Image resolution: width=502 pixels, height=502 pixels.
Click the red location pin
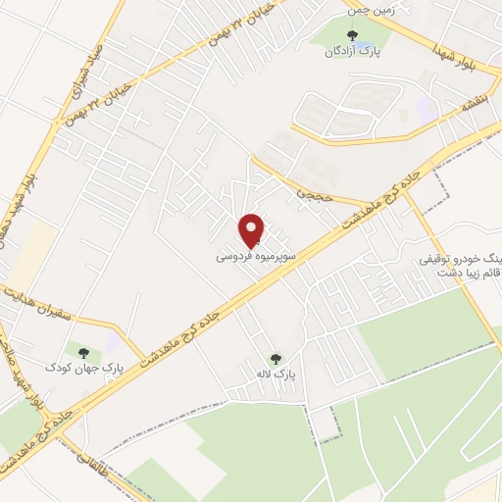(x=252, y=229)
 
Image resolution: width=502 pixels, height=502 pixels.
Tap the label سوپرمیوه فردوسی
(x=254, y=258)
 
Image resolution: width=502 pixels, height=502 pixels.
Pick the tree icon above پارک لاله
(x=276, y=359)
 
